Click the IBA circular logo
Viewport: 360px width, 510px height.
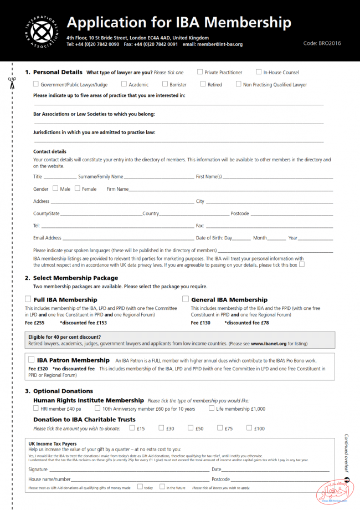[42, 30]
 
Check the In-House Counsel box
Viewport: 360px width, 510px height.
[259, 72]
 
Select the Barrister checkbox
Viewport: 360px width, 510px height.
[164, 84]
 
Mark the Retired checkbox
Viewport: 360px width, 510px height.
[203, 84]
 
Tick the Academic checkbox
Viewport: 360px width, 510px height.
[124, 84]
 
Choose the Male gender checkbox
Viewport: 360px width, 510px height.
[55, 188]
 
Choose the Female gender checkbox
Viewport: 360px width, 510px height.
[78, 188]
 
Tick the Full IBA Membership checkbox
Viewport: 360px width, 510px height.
[28, 299]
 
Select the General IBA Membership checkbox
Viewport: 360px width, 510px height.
[186, 299]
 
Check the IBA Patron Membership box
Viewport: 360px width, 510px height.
[32, 360]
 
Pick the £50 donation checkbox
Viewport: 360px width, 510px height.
[191, 428]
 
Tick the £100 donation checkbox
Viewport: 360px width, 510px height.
[249, 428]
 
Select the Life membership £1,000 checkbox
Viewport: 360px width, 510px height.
[212, 409]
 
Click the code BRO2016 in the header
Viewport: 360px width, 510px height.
[322, 43]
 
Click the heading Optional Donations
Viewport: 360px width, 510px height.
[63, 391]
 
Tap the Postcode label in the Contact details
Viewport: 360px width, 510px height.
[240, 213]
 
